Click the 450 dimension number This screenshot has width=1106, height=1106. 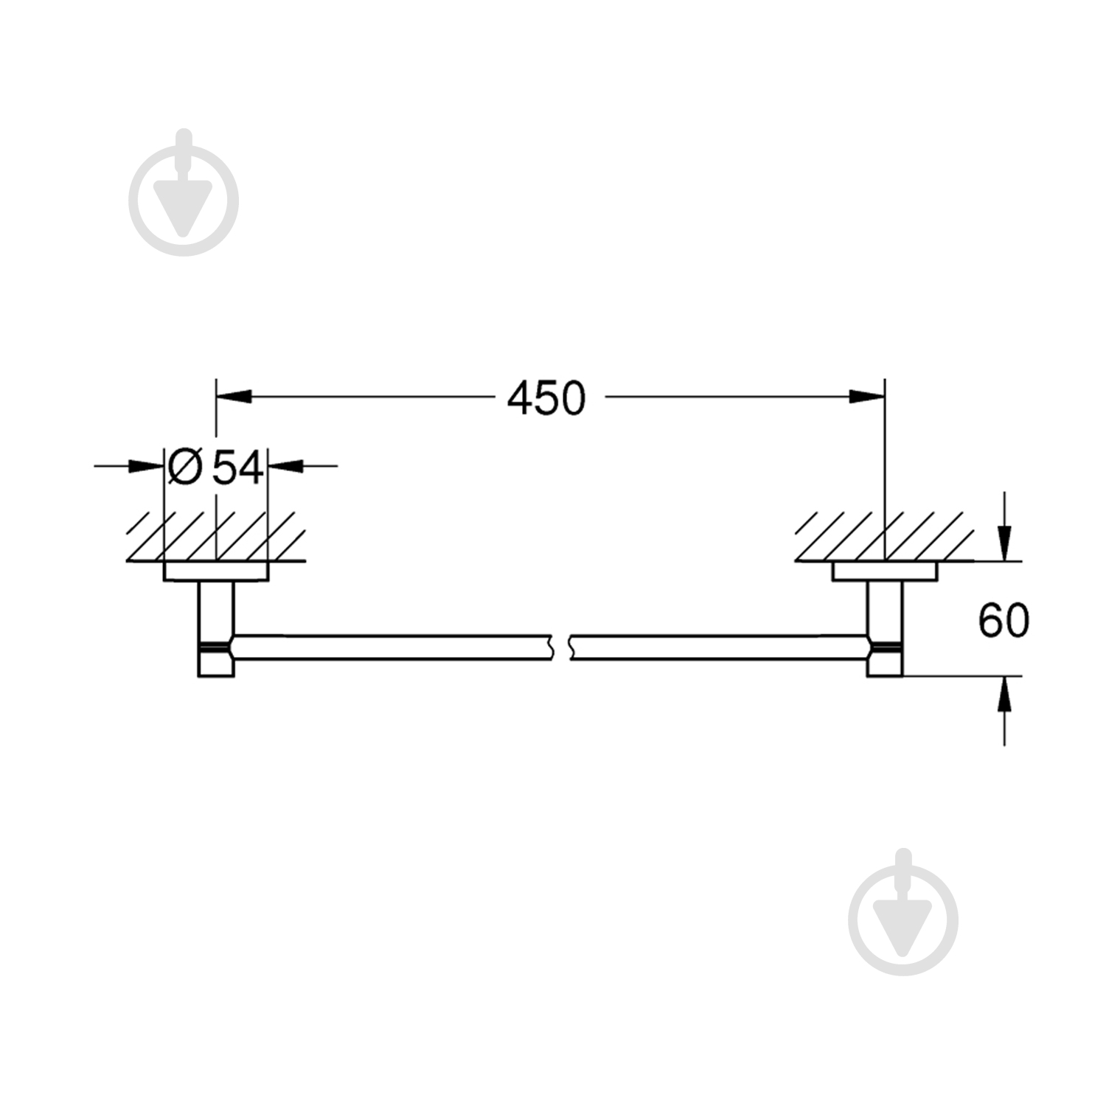(546, 398)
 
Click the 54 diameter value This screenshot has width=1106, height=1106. (237, 467)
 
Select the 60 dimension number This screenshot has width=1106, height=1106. (1003, 620)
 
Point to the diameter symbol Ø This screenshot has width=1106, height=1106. (184, 467)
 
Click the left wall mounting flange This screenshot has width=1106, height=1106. (216, 571)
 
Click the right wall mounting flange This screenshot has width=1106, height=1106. (885, 571)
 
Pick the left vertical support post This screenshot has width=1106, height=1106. (216, 627)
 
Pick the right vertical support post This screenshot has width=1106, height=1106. (884, 627)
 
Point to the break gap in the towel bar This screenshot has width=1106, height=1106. (560, 646)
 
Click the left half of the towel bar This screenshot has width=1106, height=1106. (391, 646)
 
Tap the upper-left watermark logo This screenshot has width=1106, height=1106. (184, 193)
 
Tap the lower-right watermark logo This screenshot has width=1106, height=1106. (902, 911)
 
